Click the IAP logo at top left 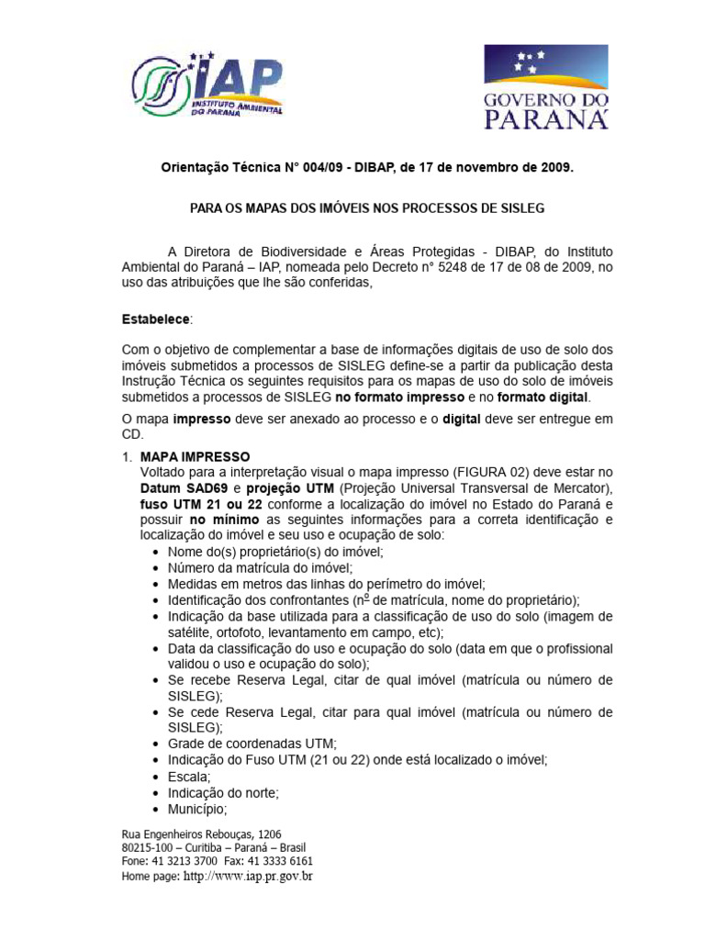point(208,85)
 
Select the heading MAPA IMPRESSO point(195,456)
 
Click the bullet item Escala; point(189,777)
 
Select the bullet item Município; point(197,810)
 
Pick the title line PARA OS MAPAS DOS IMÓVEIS point(366,208)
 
